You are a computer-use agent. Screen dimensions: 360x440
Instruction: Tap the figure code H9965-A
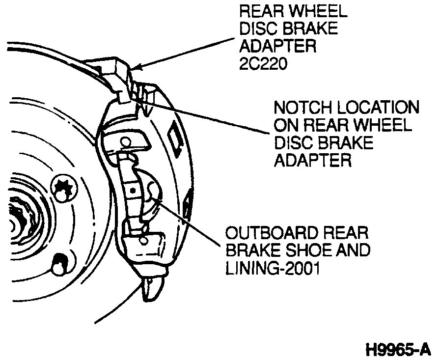click(x=398, y=350)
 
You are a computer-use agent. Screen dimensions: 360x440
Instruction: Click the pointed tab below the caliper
click(x=150, y=289)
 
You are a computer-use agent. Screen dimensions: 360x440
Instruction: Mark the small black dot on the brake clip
click(x=133, y=189)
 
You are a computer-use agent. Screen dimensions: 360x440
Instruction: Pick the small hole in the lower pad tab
click(x=144, y=241)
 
